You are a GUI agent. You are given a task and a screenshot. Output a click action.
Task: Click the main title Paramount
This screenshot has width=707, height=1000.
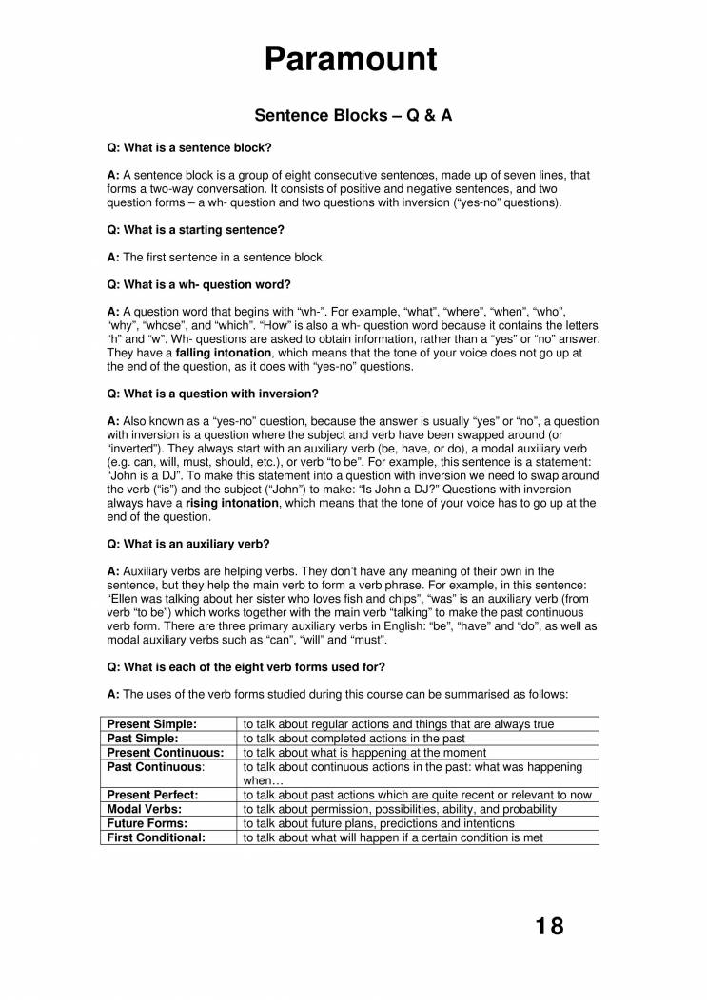click(x=351, y=58)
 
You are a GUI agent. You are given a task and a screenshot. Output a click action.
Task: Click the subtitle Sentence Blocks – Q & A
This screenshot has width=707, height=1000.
click(x=352, y=115)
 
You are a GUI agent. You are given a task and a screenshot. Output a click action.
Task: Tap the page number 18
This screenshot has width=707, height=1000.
click(x=549, y=926)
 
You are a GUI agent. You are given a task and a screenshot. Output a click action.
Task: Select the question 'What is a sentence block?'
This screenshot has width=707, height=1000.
click(x=189, y=148)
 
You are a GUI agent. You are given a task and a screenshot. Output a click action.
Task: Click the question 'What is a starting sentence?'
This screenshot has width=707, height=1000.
click(x=195, y=230)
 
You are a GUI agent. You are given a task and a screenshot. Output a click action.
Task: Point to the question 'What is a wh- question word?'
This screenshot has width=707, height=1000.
click(x=199, y=284)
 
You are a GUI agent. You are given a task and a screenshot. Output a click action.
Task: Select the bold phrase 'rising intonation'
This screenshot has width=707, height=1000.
click(x=232, y=503)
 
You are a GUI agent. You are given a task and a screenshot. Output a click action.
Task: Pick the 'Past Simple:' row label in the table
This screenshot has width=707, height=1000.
click(x=143, y=738)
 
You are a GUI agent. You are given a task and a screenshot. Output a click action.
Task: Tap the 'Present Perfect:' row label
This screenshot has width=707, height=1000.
click(x=152, y=795)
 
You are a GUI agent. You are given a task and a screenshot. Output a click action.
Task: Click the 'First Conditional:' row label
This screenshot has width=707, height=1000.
click(x=156, y=837)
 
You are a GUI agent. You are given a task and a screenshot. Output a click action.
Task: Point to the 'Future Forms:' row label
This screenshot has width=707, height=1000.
click(x=147, y=823)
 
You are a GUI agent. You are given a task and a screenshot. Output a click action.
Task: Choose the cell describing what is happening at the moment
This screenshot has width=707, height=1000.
click(x=365, y=752)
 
